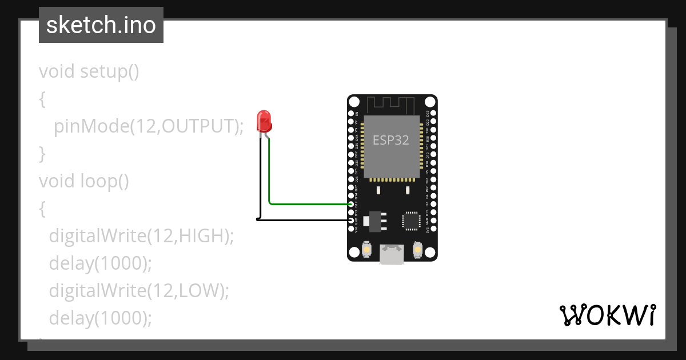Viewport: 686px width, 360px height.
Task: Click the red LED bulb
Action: coord(264,121)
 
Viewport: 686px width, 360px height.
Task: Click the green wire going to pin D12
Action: coord(309,203)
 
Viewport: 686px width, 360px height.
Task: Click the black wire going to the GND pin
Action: coord(303,219)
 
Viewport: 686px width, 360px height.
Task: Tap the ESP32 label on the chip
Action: coord(391,140)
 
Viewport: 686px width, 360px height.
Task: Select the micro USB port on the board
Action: coord(392,254)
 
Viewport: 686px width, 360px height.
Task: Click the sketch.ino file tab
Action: coord(101,25)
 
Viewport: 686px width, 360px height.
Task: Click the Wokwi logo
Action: coord(607,315)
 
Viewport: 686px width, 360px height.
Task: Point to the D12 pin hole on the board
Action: coord(352,204)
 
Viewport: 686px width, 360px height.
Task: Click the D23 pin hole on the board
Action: coord(433,113)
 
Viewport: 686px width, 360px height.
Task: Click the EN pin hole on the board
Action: coord(352,113)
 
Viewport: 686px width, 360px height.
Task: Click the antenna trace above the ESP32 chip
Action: coord(391,105)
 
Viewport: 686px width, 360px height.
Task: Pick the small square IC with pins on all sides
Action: coord(411,221)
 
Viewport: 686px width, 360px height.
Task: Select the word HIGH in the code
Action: coord(203,235)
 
